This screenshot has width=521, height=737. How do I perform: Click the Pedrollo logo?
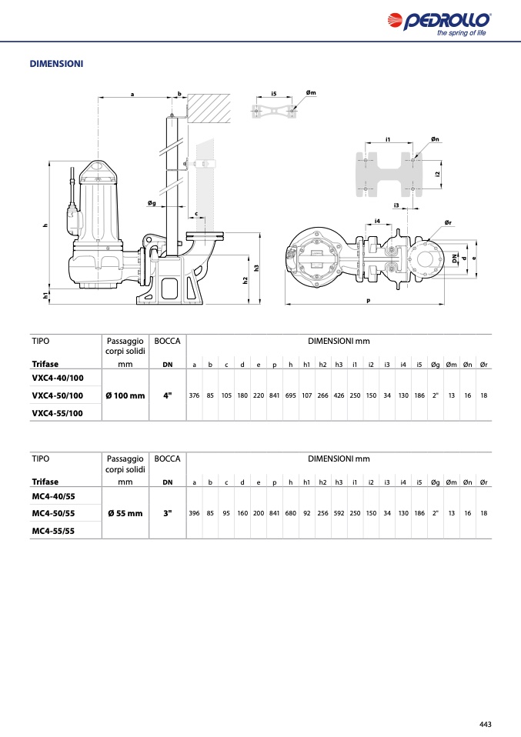click(x=439, y=24)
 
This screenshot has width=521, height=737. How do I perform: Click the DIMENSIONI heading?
click(x=56, y=64)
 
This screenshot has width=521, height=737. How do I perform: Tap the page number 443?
click(x=486, y=725)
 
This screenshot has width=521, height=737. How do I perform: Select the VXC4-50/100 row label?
click(x=58, y=395)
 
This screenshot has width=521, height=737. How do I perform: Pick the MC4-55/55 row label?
click(x=53, y=531)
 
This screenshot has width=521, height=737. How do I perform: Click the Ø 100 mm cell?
click(x=125, y=395)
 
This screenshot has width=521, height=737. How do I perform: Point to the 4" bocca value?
click(x=168, y=395)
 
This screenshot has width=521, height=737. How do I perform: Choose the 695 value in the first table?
click(x=291, y=395)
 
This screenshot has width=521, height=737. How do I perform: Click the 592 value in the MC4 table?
click(x=339, y=513)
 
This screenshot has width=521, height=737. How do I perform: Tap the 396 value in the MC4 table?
click(x=194, y=513)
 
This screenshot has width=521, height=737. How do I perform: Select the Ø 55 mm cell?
click(x=125, y=513)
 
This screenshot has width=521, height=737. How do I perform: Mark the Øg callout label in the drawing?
click(x=152, y=203)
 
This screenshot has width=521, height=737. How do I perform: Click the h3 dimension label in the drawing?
click(x=256, y=268)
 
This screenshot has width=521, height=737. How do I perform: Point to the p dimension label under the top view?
click(x=368, y=301)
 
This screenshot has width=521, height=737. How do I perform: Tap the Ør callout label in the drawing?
click(x=448, y=222)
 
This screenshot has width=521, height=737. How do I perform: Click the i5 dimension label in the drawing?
click(x=274, y=94)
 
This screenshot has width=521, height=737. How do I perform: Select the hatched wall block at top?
click(x=209, y=108)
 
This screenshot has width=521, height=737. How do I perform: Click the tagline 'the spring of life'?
click(x=461, y=33)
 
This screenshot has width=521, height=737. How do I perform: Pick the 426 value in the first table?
click(x=339, y=395)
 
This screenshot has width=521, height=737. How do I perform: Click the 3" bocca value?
click(x=168, y=513)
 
